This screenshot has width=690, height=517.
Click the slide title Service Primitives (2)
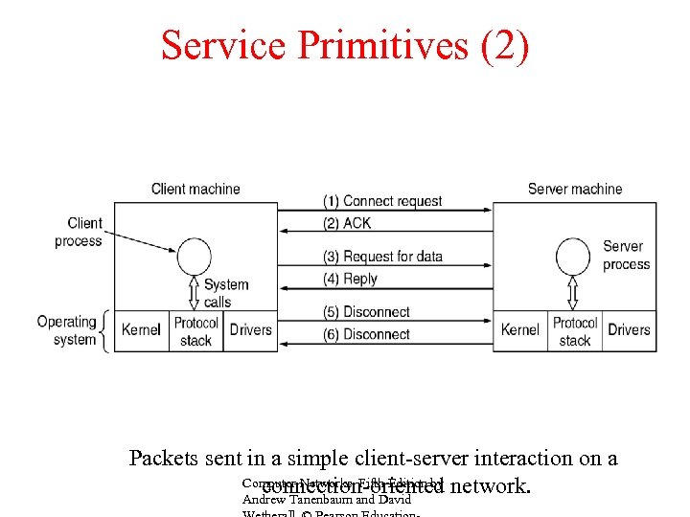344,45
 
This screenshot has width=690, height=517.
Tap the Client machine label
195,189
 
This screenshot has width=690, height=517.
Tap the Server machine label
574,189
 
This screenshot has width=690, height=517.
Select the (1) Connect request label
382,201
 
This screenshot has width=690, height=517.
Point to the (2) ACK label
346,223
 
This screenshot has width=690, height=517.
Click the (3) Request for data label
382,257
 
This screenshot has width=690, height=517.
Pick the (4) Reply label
350,279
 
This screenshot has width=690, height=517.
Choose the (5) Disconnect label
366,312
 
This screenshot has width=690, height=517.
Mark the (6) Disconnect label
366,334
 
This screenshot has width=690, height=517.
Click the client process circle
195,256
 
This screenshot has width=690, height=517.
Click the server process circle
574,256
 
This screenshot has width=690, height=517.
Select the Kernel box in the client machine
142,330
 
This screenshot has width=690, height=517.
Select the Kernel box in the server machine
520,330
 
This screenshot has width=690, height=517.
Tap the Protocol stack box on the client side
196,331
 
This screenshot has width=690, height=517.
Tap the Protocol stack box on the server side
575,331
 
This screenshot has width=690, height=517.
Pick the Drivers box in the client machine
251,330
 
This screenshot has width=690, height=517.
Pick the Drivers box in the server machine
629,330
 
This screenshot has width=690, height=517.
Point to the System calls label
226,293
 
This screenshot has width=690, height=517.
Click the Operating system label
67,330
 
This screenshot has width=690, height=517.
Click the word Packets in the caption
167,458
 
